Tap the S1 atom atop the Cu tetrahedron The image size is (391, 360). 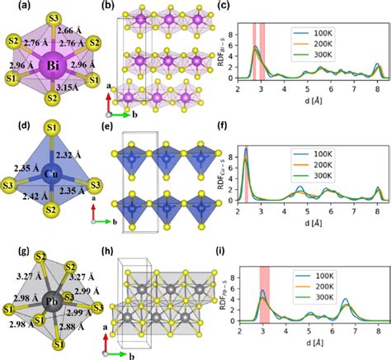point(52,128)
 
